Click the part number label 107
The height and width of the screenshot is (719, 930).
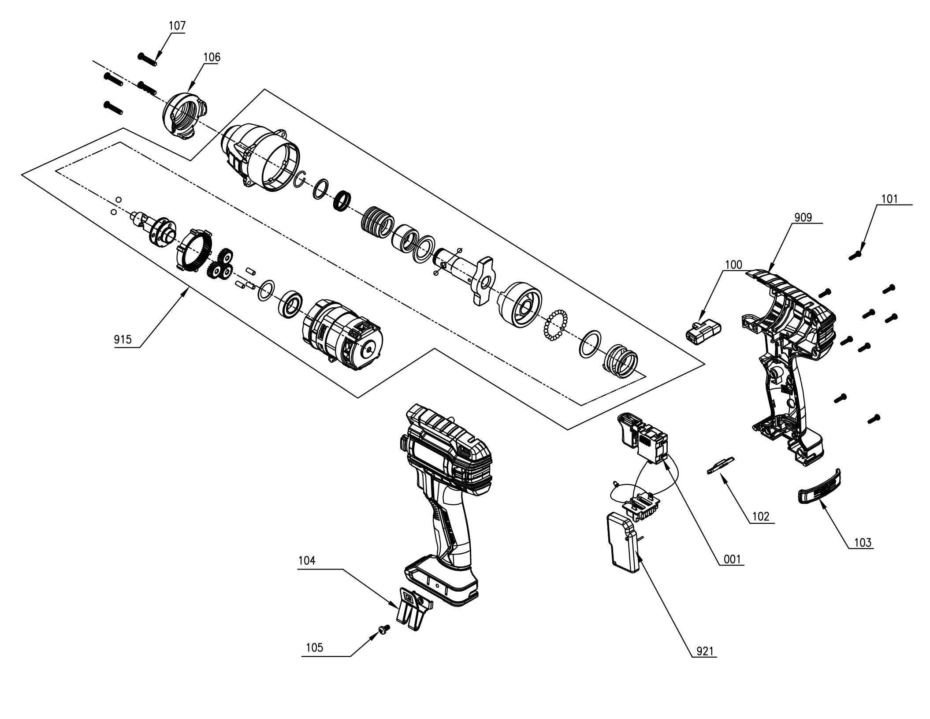click(x=177, y=26)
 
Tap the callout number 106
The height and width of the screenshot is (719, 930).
click(x=212, y=57)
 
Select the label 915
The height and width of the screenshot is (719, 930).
click(x=123, y=339)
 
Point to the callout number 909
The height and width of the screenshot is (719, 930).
click(x=803, y=217)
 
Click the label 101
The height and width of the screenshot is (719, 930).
click(x=889, y=198)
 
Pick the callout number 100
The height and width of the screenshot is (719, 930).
click(x=733, y=265)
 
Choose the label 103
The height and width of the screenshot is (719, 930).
click(x=863, y=543)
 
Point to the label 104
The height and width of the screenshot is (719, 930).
click(x=307, y=561)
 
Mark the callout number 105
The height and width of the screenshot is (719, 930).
click(x=315, y=648)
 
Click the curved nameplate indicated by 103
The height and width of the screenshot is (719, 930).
click(x=819, y=486)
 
